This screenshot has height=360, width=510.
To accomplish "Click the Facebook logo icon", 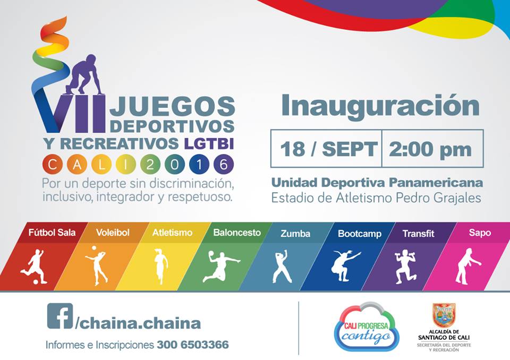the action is [x=60, y=316].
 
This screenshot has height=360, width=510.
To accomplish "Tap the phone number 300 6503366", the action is [x=193, y=345].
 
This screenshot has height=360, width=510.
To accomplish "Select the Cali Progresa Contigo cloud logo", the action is [x=367, y=327].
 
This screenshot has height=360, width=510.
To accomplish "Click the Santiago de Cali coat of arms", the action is [x=444, y=315].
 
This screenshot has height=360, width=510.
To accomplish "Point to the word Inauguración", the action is [x=380, y=106].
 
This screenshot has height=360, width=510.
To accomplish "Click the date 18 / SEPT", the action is [x=328, y=149].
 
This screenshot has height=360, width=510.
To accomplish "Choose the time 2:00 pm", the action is [x=430, y=149].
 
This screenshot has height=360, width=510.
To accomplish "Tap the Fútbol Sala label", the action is [x=52, y=233].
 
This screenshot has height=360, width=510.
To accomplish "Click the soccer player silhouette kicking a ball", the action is [x=34, y=267].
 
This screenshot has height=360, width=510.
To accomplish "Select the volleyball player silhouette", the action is [x=97, y=265].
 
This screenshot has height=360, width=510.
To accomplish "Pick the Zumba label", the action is [x=295, y=234].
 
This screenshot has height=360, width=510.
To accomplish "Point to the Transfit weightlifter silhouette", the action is [x=405, y=267].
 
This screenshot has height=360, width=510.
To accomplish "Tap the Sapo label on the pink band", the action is [x=480, y=233].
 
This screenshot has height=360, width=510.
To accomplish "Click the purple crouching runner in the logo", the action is [x=84, y=75].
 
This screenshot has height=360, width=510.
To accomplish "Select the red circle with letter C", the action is [x=53, y=165].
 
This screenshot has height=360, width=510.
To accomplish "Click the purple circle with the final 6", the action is [x=224, y=165].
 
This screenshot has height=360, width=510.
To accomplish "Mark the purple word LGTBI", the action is [x=209, y=144].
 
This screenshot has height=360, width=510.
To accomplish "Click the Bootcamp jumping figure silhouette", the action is [x=344, y=265].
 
